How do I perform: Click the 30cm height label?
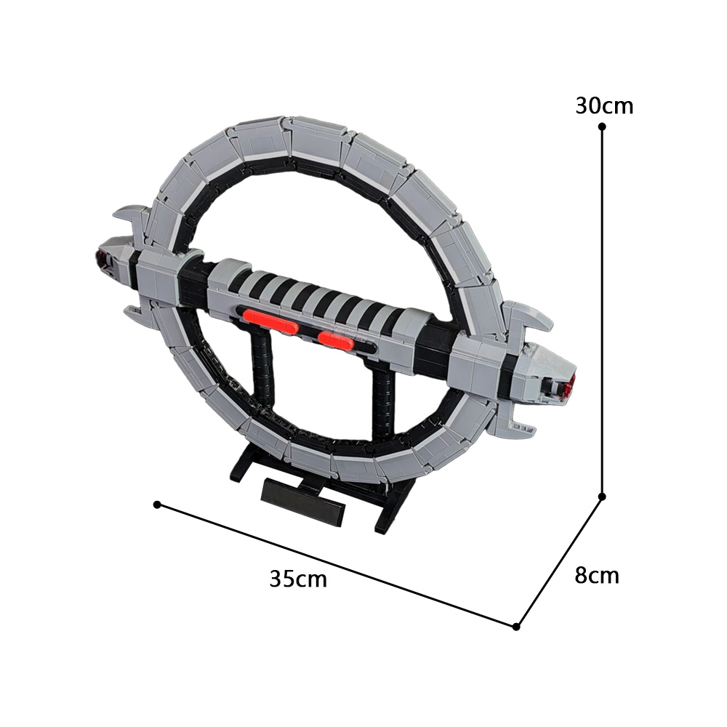(x=604, y=106)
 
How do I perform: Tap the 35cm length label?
(x=298, y=579)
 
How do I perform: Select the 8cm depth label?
(x=597, y=575)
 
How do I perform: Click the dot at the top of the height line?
(x=602, y=126)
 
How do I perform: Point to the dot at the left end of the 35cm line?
(x=157, y=504)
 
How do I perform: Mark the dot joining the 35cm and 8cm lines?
(x=516, y=627)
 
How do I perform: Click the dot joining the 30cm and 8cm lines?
(x=602, y=497)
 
